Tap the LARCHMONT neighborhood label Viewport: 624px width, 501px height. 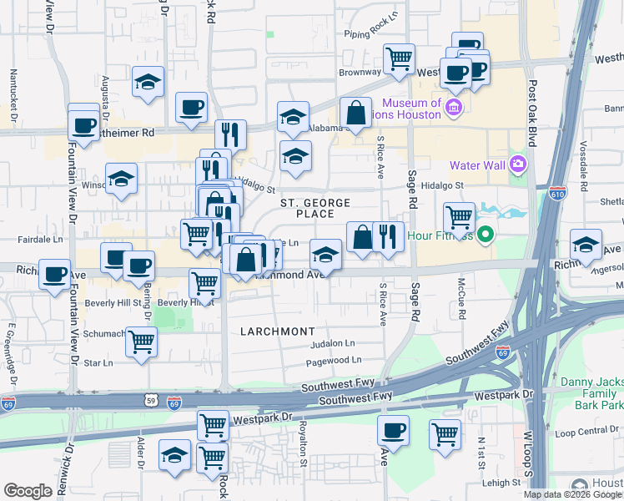pyautogui.click(x=278, y=331)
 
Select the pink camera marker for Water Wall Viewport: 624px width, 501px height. pyautogui.click(x=517, y=163)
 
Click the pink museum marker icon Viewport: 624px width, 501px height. pyautogui.click(x=454, y=107)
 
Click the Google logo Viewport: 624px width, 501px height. pyautogui.click(x=28, y=491)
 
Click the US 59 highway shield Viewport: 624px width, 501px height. pyautogui.click(x=148, y=402)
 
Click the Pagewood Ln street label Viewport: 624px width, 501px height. pyautogui.click(x=334, y=361)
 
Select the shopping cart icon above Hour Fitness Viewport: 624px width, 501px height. pyautogui.click(x=459, y=217)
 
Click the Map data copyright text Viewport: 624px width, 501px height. pyautogui.click(x=573, y=494)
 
